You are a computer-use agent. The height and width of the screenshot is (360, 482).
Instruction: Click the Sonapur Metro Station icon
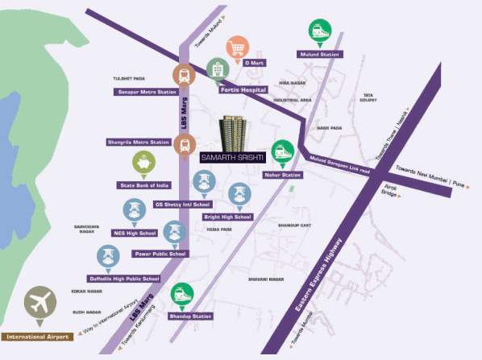pos(184,76)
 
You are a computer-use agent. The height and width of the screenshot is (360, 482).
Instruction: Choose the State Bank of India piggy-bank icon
pos(143,165)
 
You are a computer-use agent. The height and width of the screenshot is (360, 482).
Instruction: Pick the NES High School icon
pos(133,212)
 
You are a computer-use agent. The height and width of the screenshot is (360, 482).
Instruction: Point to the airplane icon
pos(38,304)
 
